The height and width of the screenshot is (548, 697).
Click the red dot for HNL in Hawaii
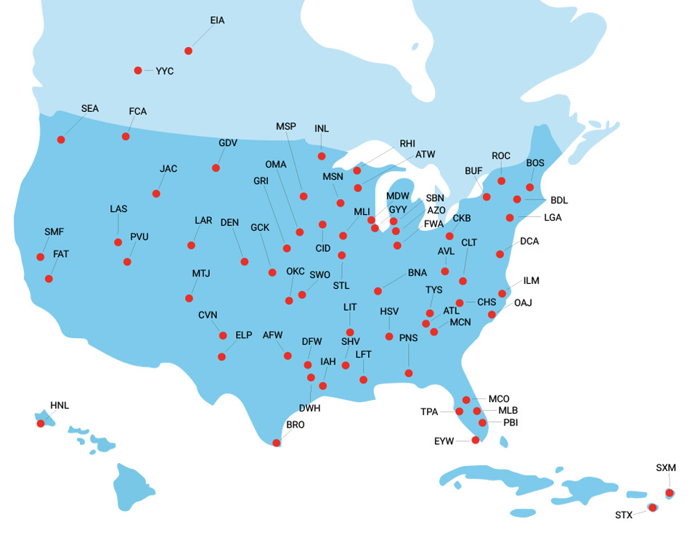(x=41, y=423)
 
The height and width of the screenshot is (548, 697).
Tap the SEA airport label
(x=90, y=109)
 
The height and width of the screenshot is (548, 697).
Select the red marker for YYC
(x=138, y=70)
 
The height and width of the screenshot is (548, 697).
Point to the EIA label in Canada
(x=217, y=20)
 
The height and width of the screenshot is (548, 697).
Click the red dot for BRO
(x=276, y=443)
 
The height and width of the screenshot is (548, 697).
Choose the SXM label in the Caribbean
(x=666, y=468)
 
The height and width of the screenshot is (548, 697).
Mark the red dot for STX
(x=652, y=507)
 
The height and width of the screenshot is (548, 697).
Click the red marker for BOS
(x=530, y=187)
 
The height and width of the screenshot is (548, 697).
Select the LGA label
(x=553, y=217)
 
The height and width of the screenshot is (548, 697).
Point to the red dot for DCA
(x=500, y=254)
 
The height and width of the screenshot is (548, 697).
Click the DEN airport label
(x=229, y=222)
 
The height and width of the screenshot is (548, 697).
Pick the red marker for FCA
(x=126, y=136)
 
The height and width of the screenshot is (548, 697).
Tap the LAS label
(x=118, y=209)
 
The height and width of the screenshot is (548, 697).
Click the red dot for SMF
(x=41, y=255)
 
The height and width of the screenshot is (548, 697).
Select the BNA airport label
(x=417, y=273)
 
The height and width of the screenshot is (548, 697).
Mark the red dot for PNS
(x=409, y=373)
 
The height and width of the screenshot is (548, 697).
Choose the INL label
(x=322, y=128)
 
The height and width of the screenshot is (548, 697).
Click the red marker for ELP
(x=222, y=356)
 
